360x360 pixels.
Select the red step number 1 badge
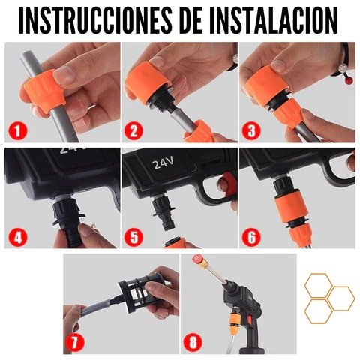(17, 130)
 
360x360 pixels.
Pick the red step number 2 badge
(133, 130)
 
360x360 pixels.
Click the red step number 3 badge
(251, 130)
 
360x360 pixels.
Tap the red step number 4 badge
(17, 236)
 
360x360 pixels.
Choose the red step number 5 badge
(133, 236)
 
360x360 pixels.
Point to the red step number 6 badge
(251, 236)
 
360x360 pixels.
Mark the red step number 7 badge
(75, 341)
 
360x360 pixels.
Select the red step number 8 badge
(193, 341)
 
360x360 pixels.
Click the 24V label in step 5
(163, 163)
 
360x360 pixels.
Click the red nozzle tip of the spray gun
(196, 259)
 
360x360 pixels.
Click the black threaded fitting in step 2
(160, 99)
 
